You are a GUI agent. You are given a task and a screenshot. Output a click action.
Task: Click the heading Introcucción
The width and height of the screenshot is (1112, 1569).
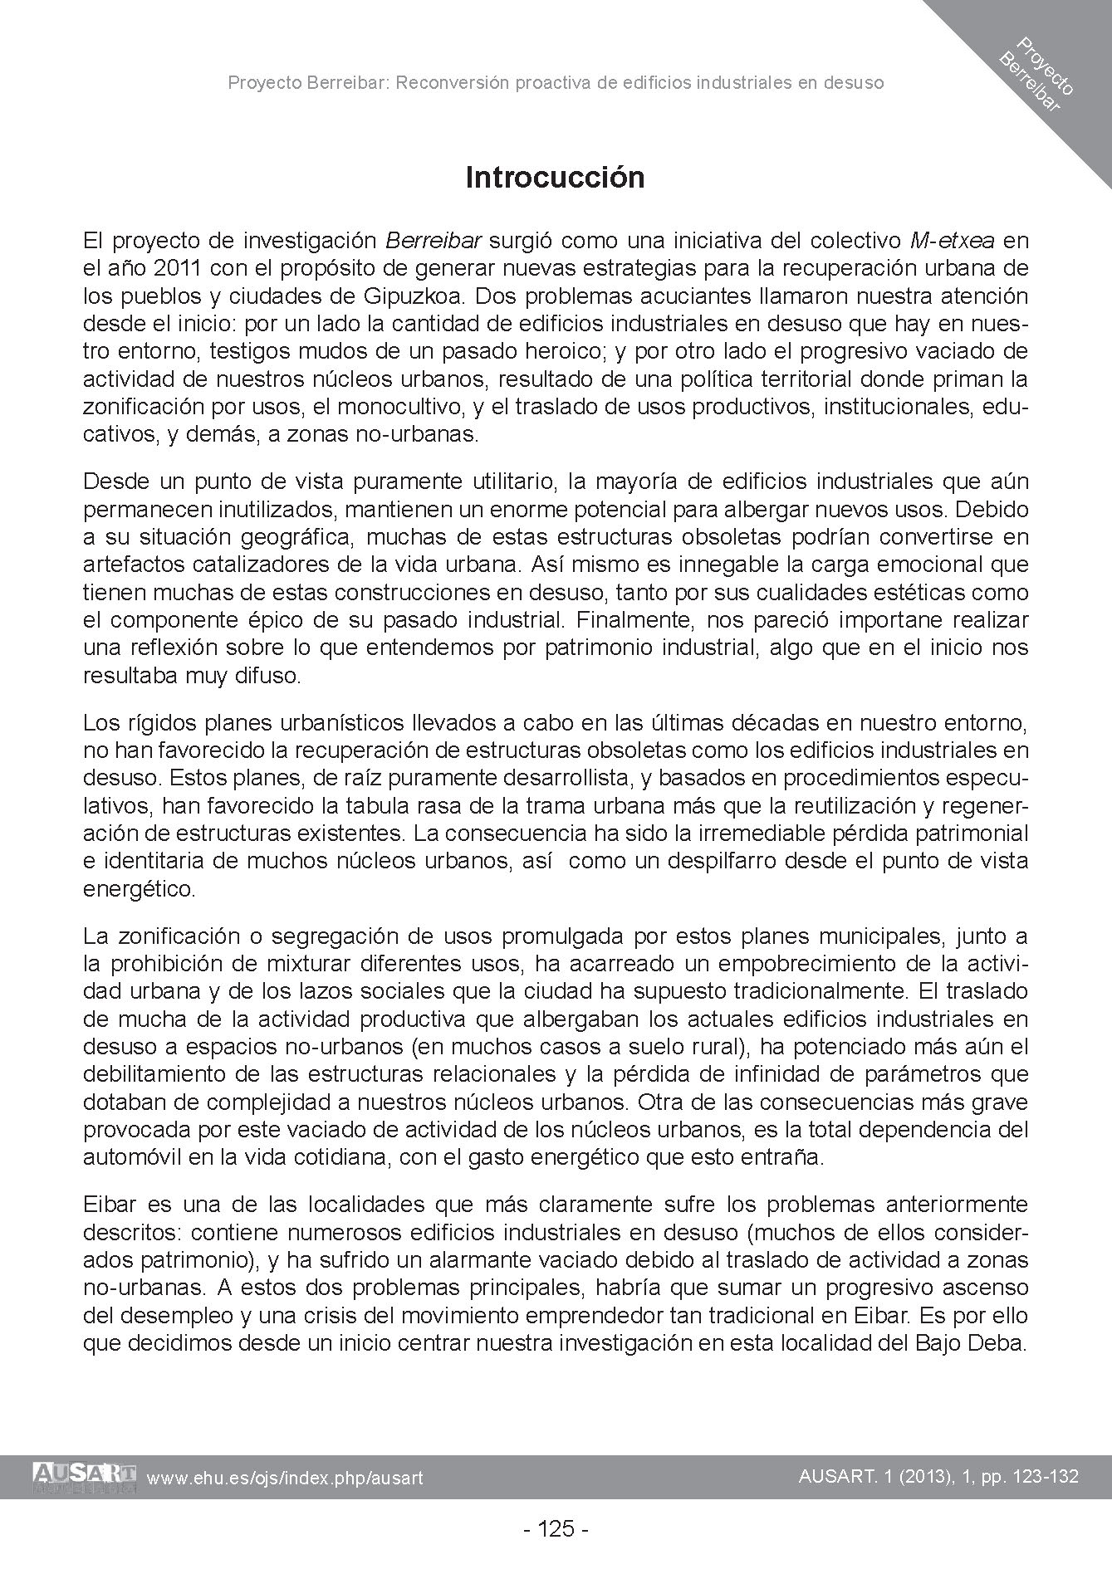[555, 178]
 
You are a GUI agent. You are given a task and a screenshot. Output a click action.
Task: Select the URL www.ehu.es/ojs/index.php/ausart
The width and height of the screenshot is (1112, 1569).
[285, 1478]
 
